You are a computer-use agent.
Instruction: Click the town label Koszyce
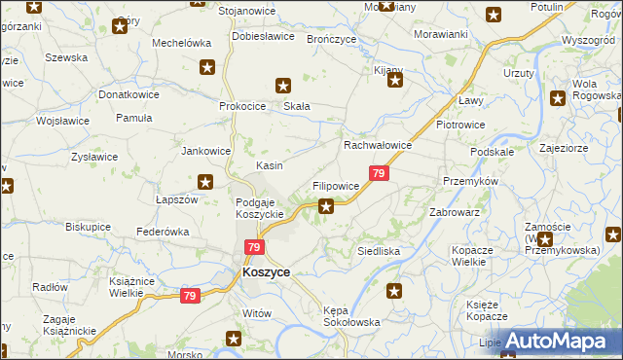point(266,273)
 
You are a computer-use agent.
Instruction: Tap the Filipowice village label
point(336,185)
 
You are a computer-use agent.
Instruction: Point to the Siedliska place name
point(379,250)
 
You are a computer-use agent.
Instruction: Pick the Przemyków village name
point(470,181)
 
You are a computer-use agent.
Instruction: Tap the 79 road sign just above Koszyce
point(254,248)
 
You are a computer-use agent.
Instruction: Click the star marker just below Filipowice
point(327,205)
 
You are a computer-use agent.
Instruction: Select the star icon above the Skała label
point(283,85)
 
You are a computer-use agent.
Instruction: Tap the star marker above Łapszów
point(205,181)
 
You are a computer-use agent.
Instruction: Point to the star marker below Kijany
point(395,80)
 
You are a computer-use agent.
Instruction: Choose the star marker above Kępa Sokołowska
point(394,290)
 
